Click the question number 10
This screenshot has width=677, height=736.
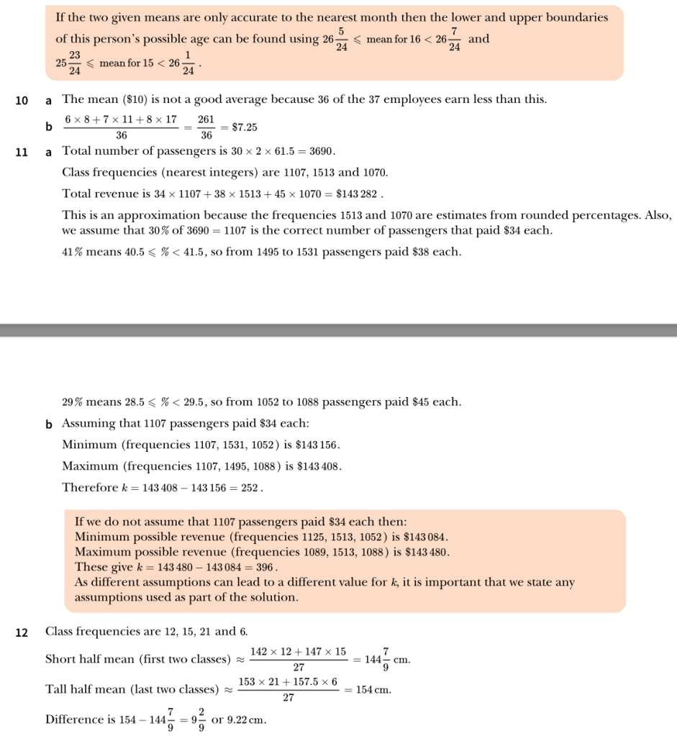22,99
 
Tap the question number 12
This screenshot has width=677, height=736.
22,632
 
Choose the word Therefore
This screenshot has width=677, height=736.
90,488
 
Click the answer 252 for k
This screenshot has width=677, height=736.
249,488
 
